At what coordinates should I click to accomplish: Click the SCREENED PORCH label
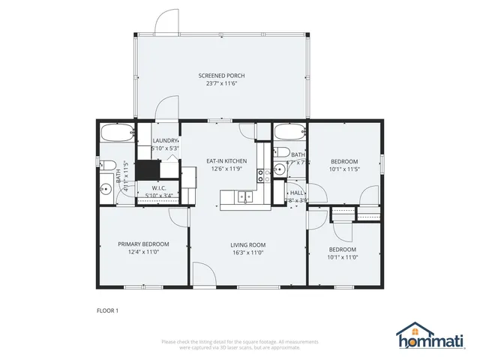coord(221,76)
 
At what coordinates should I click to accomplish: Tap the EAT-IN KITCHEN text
coord(226,160)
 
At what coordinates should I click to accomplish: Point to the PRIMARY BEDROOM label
coord(143,244)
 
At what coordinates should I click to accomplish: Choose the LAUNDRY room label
coord(166,140)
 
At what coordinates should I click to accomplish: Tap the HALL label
coord(298,192)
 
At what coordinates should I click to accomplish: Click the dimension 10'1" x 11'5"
coord(345,169)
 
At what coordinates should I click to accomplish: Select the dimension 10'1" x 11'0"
coord(342,257)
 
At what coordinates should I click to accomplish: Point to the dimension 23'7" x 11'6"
coord(221,84)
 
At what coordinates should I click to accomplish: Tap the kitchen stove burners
coord(263,175)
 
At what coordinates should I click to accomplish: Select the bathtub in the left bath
coord(118,133)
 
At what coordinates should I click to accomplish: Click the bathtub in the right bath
coord(289,133)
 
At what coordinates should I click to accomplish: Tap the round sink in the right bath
coord(277,169)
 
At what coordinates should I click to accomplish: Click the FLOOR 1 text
coord(107,310)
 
